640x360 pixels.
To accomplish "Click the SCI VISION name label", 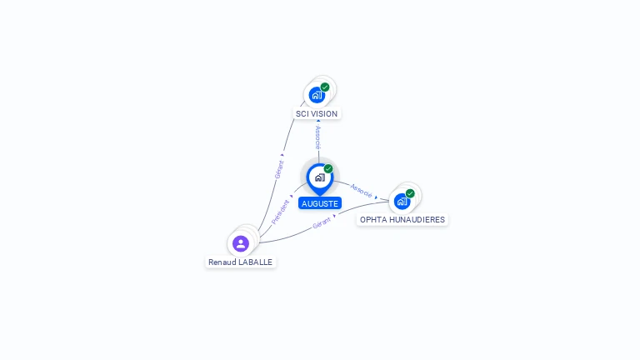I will point(317,113).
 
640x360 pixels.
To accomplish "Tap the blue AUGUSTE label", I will point(320,203).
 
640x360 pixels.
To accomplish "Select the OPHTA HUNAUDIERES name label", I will point(402,220).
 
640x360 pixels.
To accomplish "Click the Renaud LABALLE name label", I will point(240,262).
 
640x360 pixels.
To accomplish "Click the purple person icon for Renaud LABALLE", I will point(241,243).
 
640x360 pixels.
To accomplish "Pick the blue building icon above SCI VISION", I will point(317,95).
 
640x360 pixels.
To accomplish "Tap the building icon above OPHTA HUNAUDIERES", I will point(402,202).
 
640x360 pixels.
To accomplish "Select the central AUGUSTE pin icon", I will point(319,177).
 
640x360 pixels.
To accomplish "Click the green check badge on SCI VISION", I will point(325,87).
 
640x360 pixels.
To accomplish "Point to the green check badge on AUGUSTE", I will point(328,169).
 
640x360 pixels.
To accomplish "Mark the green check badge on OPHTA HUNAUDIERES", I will point(410,193).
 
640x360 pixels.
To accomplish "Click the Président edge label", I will point(281,211).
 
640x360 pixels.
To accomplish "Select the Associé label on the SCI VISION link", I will point(317,137).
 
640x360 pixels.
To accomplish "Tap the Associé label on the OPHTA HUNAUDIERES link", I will point(362,190).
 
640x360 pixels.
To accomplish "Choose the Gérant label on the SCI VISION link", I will point(279,169).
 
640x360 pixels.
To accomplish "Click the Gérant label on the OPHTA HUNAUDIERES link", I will point(322,224).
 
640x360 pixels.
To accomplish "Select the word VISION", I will point(325,113).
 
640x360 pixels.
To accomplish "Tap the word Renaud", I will point(221,262).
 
